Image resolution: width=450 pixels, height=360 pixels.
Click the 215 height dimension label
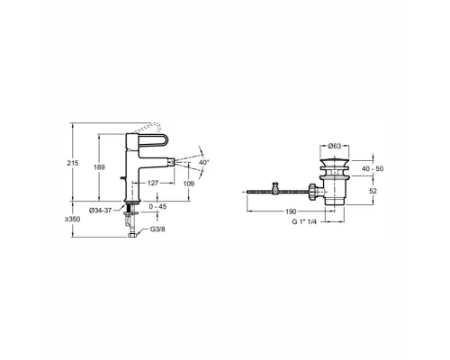pos(73,163)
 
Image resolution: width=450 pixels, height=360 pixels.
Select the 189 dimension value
pos(99,167)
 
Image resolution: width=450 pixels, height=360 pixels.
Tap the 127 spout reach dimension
pos(153,183)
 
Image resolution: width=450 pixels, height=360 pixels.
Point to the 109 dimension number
pos(189,184)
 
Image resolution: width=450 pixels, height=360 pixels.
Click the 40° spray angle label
pos(204,162)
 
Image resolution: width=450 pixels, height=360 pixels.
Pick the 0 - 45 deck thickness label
pos(157,207)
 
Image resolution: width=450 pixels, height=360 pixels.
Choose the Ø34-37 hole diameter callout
pos(100,211)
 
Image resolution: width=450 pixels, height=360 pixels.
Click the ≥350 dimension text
pos(72,220)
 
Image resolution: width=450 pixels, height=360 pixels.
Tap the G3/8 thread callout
pos(157,229)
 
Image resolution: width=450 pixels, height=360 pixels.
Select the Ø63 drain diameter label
pos(335,146)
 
